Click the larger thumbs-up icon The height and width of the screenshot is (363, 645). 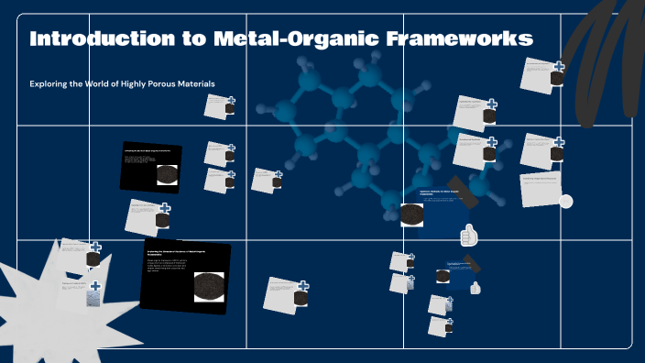469,236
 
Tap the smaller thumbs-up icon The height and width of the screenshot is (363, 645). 475,288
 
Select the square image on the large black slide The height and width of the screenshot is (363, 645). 208,287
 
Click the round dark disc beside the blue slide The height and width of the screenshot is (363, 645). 411,214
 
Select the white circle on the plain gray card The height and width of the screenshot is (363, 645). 565,202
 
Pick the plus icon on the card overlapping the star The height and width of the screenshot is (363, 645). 94,287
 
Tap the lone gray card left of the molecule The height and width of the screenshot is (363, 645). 266,180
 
